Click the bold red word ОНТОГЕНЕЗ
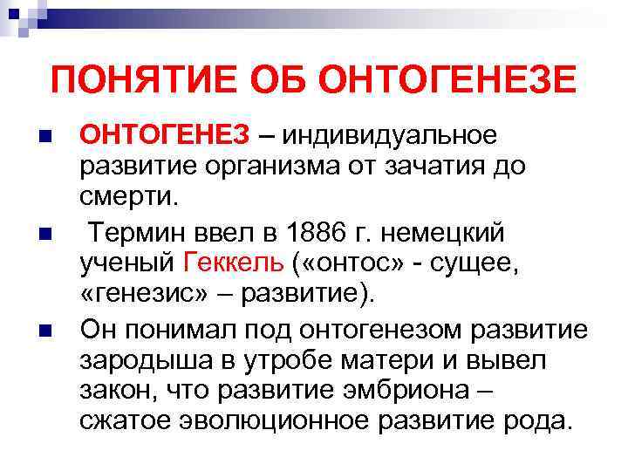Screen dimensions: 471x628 [166, 136]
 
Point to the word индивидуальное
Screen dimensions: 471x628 [389, 136]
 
